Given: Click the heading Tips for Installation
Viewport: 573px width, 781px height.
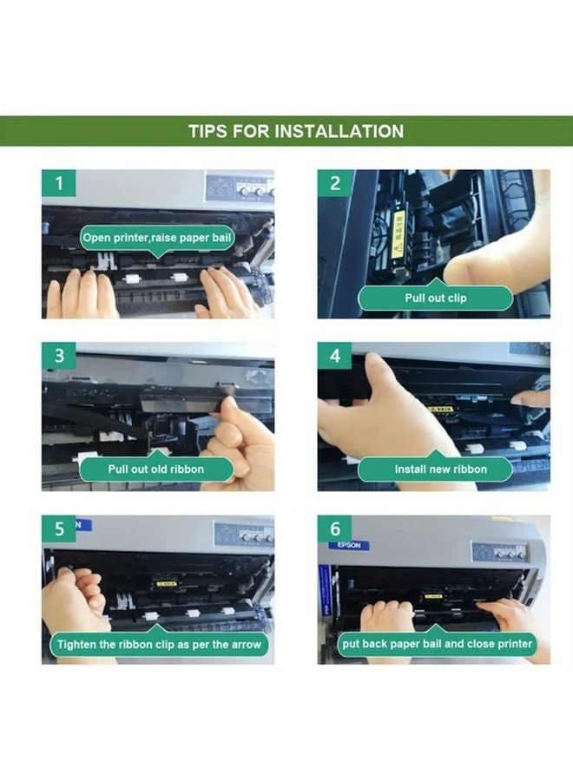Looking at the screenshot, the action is (296, 131).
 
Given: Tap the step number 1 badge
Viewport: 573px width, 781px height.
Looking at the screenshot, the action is (59, 183).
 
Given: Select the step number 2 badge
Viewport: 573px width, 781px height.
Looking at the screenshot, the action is (335, 183).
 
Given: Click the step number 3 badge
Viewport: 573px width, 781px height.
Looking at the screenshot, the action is (59, 356).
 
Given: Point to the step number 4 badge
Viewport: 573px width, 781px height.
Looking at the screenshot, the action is (335, 356).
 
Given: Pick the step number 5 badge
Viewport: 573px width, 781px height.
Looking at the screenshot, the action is (59, 528).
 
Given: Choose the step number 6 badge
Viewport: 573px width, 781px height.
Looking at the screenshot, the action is (335, 528).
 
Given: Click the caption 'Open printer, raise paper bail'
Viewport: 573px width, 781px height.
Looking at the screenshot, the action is (157, 238).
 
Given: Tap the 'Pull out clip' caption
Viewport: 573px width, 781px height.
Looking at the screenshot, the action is (436, 298).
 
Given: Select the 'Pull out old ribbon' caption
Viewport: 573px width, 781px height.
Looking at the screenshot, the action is (156, 469).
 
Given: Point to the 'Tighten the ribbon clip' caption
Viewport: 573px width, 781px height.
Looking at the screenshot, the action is (159, 645).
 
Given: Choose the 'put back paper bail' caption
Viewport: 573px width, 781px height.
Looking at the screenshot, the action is (437, 644).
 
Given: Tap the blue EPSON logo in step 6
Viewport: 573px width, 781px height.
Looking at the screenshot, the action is (349, 545).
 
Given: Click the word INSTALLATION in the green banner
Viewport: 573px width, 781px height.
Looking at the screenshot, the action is (339, 131).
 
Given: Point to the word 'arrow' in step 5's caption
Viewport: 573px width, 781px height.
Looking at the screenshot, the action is (246, 645).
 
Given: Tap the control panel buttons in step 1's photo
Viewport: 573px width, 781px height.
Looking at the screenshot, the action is (254, 189).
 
